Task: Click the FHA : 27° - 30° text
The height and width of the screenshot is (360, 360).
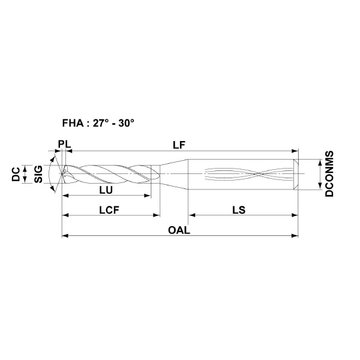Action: pyautogui.click(x=98, y=123)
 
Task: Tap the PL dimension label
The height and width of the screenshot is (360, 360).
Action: pyautogui.click(x=64, y=145)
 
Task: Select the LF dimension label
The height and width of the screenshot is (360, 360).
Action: pyautogui.click(x=179, y=145)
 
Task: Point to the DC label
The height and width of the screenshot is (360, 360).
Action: pyautogui.click(x=16, y=174)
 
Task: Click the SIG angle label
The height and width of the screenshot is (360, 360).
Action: pyautogui.click(x=38, y=174)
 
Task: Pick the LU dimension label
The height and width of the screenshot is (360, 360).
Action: pyautogui.click(x=106, y=190)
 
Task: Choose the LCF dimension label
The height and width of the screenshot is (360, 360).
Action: pyautogui.click(x=109, y=210)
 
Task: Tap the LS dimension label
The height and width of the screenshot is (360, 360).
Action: pyautogui.click(x=239, y=210)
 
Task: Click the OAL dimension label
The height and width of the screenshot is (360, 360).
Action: pyautogui.click(x=179, y=230)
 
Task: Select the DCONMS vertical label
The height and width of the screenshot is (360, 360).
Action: pyautogui.click(x=329, y=173)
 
